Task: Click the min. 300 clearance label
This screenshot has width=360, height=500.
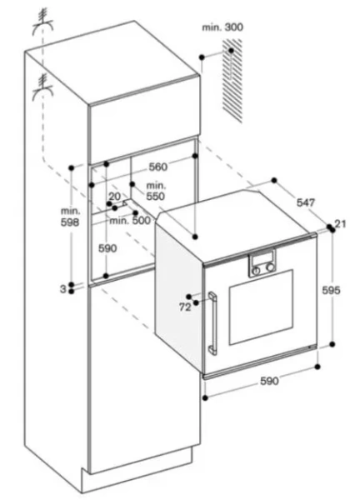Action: (x=222, y=27)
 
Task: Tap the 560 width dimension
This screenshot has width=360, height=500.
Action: (x=158, y=167)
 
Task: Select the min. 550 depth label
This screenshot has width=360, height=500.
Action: (x=156, y=191)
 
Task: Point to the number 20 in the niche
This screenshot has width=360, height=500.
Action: (x=115, y=197)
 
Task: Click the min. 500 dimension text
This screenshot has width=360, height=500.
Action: (x=130, y=220)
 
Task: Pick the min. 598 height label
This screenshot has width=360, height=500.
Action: (x=70, y=217)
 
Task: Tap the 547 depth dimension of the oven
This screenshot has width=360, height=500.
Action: (x=306, y=202)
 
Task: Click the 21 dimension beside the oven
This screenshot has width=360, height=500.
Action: (x=341, y=223)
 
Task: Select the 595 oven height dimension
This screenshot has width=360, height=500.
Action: (x=332, y=290)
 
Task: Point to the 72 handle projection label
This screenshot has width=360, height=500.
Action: (x=185, y=307)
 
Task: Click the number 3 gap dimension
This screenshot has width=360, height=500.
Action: (x=63, y=289)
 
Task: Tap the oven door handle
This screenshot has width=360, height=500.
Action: (x=212, y=322)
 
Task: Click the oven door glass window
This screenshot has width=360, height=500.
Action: (x=261, y=307)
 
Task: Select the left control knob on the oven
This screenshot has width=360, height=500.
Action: (x=256, y=271)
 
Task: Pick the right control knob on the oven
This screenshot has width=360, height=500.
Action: (x=271, y=267)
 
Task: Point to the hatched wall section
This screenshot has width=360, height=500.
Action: (x=232, y=81)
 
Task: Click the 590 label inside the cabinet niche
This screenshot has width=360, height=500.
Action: (x=107, y=248)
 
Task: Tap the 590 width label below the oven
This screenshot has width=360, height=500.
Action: (x=269, y=381)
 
